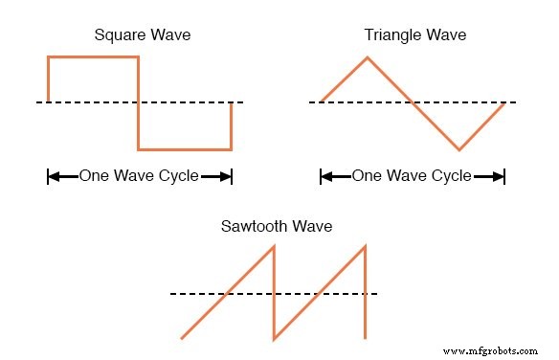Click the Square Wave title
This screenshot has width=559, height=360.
(142, 36)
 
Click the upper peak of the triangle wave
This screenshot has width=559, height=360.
(367, 57)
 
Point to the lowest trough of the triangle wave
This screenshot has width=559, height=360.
(458, 149)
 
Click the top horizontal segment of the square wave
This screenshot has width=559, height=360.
(93, 57)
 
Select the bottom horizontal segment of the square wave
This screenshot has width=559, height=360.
(185, 149)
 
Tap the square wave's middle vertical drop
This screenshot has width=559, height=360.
(139, 103)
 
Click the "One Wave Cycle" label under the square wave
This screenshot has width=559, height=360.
(140, 176)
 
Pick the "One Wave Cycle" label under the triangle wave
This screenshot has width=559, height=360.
(413, 176)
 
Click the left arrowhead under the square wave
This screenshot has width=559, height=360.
(55, 176)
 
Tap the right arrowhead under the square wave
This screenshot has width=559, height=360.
(225, 176)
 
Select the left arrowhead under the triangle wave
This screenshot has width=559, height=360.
(327, 176)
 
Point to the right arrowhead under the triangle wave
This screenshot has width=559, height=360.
(497, 176)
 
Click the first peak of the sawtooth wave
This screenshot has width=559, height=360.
(274, 248)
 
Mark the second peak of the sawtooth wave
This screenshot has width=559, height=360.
(366, 247)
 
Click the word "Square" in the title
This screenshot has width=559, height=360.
(119, 36)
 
